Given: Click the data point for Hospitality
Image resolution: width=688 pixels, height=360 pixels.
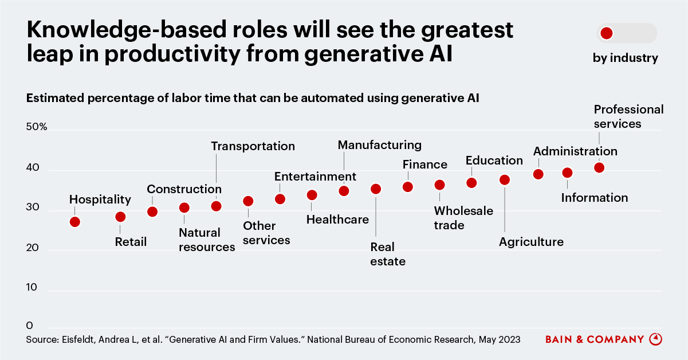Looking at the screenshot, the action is click(x=75, y=222).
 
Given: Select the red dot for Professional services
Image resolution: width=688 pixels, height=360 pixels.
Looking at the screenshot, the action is click(x=599, y=167).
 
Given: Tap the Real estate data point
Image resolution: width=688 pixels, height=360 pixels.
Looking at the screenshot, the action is click(x=376, y=189).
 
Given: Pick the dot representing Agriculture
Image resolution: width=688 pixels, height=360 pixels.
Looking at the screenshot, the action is click(x=505, y=180).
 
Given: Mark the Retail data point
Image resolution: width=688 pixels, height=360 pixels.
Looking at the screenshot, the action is click(x=120, y=217).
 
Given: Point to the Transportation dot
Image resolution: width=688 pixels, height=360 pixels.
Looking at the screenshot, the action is click(x=216, y=206).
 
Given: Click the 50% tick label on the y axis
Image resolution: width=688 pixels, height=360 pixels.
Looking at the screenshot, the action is click(x=37, y=127).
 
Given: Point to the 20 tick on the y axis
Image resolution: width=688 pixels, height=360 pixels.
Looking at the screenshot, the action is click(x=33, y=248).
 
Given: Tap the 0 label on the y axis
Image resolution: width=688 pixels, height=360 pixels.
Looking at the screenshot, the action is click(x=29, y=325).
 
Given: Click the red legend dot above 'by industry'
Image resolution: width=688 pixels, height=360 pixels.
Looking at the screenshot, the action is click(x=607, y=33).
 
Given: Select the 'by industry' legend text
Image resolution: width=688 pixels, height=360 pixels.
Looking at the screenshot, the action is click(x=626, y=58).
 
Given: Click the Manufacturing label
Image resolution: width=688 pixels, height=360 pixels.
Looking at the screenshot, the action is click(x=380, y=145).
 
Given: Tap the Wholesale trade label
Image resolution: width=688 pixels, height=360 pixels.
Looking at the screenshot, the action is click(x=463, y=218).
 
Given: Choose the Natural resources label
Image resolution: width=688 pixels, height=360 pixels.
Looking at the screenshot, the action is click(x=207, y=240).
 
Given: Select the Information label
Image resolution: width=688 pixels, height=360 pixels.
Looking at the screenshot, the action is click(x=595, y=198).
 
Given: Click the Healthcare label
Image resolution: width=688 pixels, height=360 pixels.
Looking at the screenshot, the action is click(x=337, y=220).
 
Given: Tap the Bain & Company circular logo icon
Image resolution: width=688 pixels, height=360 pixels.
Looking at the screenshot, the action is click(x=656, y=339).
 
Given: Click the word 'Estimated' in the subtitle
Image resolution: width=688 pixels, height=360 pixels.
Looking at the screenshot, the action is click(x=55, y=98).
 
